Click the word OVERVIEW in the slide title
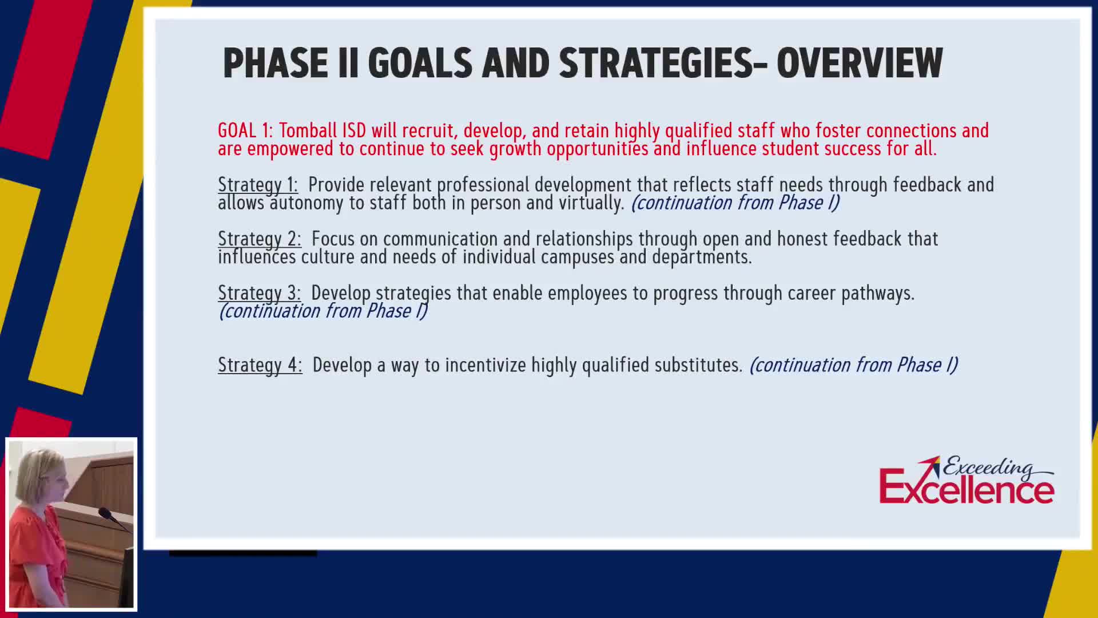pyautogui.click(x=860, y=63)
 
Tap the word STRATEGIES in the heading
pyautogui.click(x=656, y=63)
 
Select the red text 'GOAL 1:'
pyautogui.click(x=245, y=130)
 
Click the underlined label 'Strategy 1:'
pyautogui.click(x=258, y=185)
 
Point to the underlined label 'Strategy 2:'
pyautogui.click(x=260, y=239)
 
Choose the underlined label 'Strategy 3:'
pyautogui.click(x=259, y=293)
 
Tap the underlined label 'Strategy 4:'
pyautogui.click(x=260, y=365)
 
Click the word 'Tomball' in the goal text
pyautogui.click(x=308, y=130)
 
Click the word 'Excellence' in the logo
pyautogui.click(x=966, y=488)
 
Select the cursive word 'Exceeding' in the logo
pyautogui.click(x=989, y=467)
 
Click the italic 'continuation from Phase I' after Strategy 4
pyautogui.click(x=853, y=365)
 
